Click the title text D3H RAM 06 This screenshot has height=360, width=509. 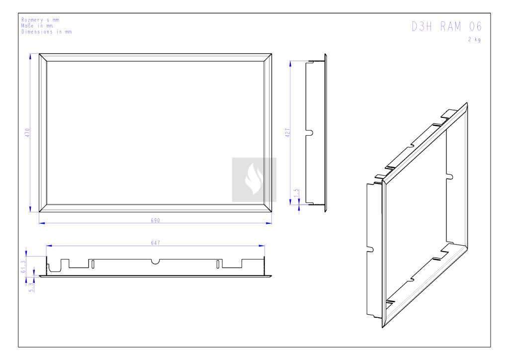click(447, 27)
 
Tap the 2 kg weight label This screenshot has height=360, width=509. click(474, 39)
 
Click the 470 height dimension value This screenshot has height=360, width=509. click(27, 132)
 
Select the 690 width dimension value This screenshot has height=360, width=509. click(156, 220)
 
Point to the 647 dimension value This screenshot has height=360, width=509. click(156, 243)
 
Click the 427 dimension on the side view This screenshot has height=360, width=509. click(288, 132)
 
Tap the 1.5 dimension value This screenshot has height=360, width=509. click(296, 193)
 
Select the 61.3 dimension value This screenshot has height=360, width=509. click(23, 267)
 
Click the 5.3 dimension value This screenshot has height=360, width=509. click(31, 287)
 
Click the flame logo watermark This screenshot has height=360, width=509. click(254, 180)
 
